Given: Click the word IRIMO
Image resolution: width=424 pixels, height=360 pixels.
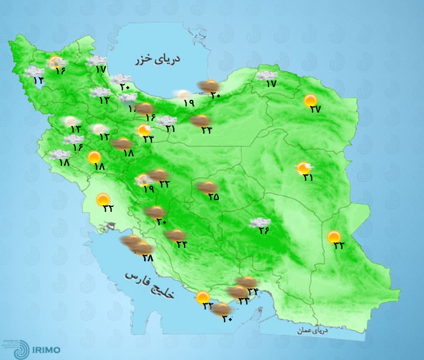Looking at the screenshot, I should [x=46, y=349].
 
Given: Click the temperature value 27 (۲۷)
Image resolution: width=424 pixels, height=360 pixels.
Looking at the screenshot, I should [x=315, y=109].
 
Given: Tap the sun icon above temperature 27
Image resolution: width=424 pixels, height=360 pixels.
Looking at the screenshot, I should [x=311, y=100].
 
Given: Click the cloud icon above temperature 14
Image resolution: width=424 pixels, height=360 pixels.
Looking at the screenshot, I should [x=34, y=72].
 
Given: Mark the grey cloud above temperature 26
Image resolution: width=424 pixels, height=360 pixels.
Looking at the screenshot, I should [x=260, y=222].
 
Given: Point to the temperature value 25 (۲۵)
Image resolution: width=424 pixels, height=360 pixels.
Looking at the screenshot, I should [x=213, y=196].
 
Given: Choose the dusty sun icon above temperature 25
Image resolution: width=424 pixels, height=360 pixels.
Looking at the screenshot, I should [x=208, y=187].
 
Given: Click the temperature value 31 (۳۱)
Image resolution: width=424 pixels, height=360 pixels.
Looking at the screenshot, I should [x=308, y=178].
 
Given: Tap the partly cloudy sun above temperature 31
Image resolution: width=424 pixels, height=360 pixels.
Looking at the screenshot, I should [x=304, y=168].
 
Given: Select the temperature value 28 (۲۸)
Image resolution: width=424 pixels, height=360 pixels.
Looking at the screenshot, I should [x=147, y=257].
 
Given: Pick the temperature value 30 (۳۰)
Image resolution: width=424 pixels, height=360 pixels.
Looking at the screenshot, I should [x=227, y=318].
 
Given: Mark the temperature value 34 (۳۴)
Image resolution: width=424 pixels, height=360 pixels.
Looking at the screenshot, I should [x=181, y=244].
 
